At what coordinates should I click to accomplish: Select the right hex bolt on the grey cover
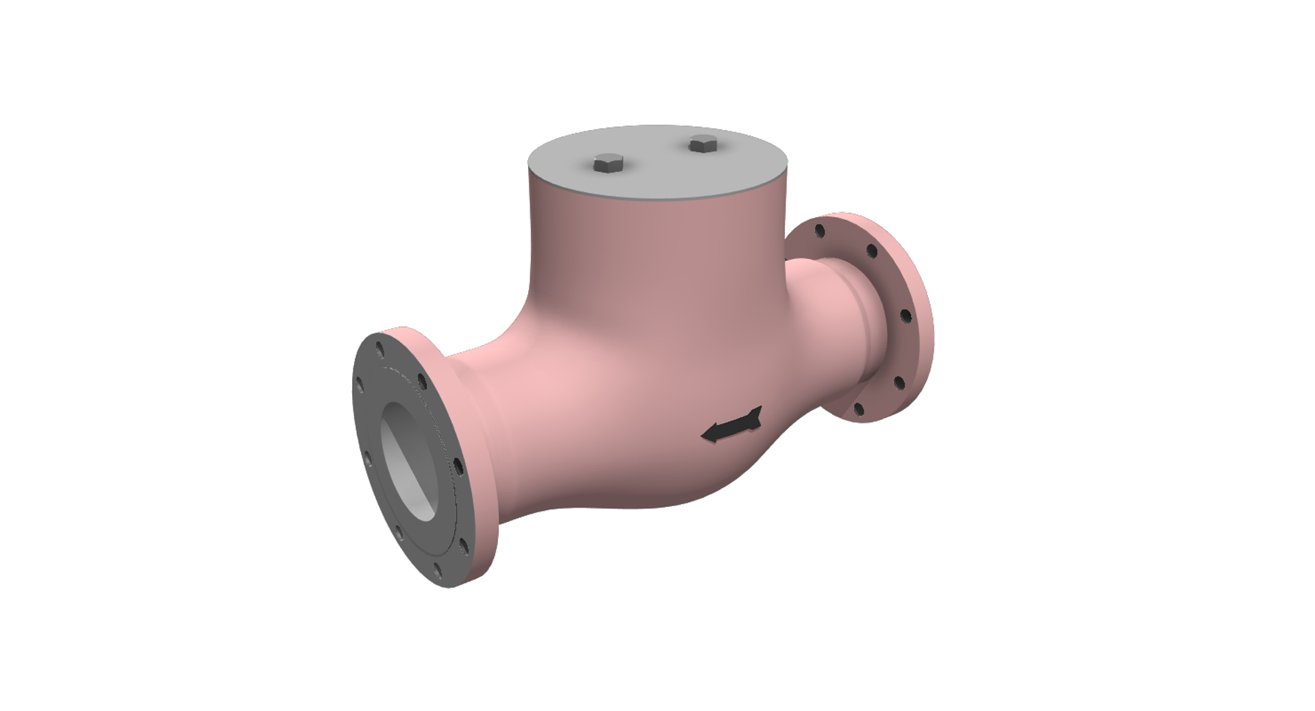coord(703,145)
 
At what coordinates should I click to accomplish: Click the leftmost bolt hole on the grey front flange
coord(358,386)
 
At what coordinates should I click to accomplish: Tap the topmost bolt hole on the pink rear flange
coord(820,230)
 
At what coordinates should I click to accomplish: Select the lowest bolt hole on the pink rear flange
coord(859,410)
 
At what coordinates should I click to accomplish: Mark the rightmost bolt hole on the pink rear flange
coord(905,316)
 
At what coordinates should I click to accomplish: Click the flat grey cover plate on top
coord(657,164)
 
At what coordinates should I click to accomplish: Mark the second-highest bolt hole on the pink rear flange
coord(872,251)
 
